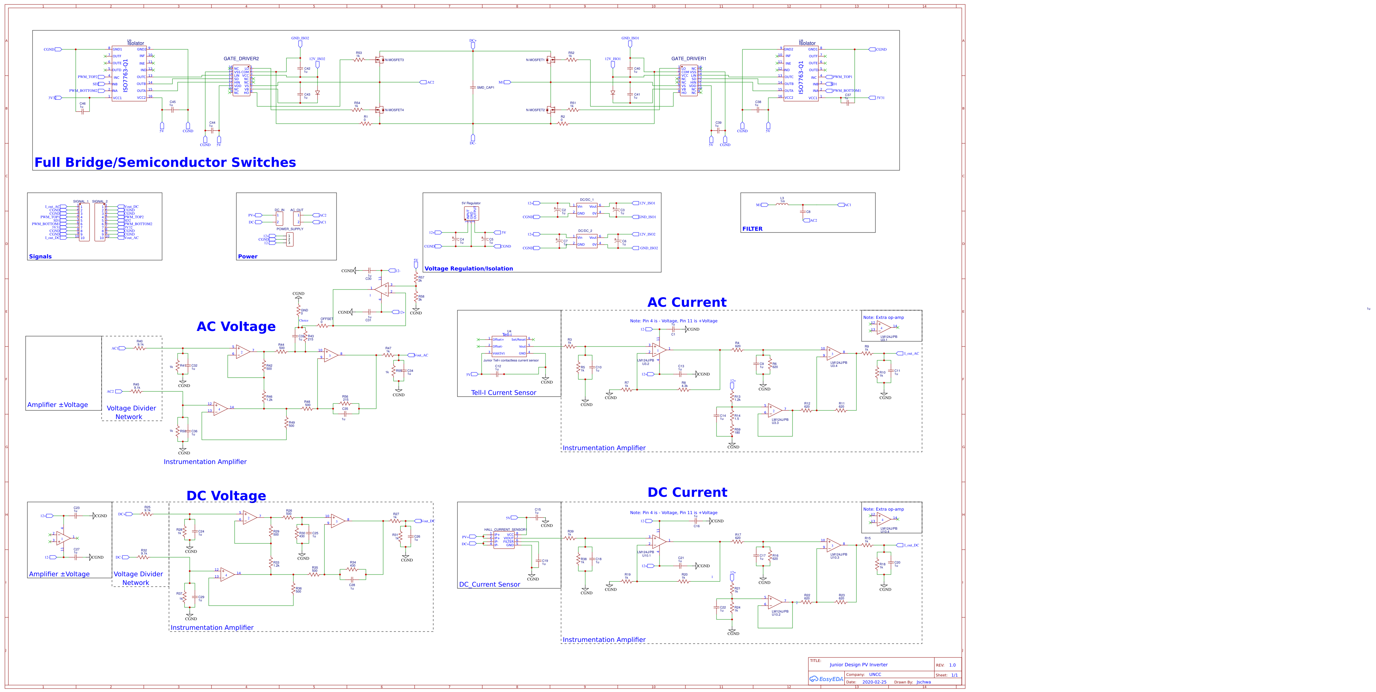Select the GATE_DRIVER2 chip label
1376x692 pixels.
coord(241,59)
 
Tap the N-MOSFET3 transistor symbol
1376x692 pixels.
coord(380,60)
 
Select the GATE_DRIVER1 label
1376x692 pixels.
coord(689,59)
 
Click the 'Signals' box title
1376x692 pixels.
coord(40,256)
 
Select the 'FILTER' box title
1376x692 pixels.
coord(752,229)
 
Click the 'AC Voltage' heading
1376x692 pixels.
coord(236,326)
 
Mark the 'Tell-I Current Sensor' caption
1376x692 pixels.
coord(503,393)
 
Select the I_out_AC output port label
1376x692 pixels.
coord(911,354)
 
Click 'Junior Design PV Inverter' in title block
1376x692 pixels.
coord(858,665)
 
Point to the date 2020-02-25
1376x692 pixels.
coord(874,682)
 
